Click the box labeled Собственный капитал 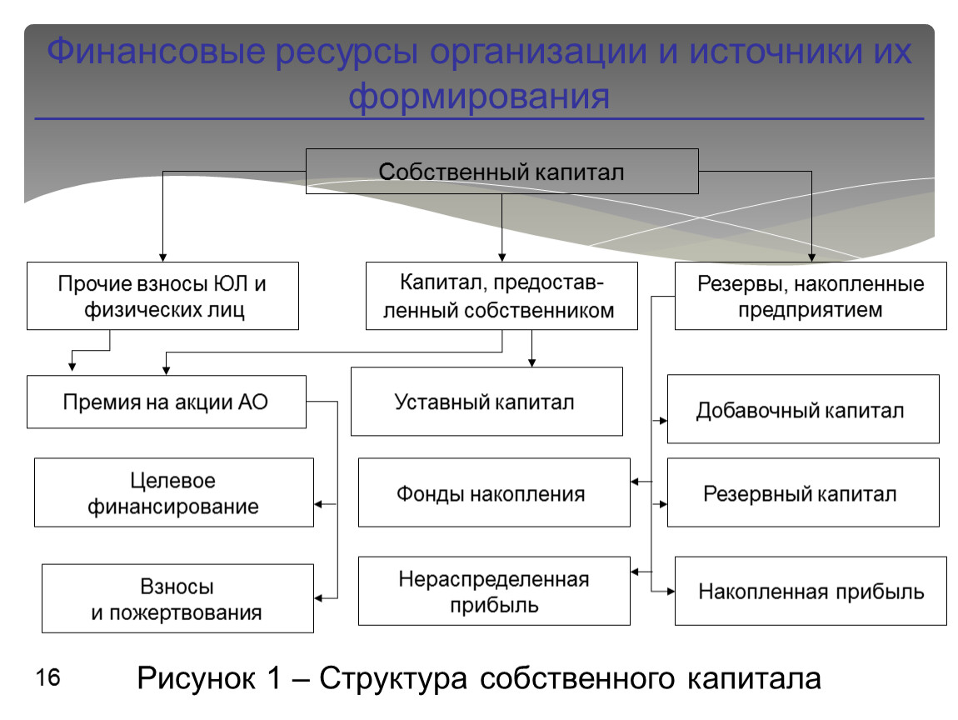click(x=501, y=172)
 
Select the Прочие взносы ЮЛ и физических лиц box click(x=162, y=296)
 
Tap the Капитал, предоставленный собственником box click(x=502, y=296)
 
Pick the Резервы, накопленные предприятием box click(x=810, y=296)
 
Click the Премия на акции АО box click(x=167, y=402)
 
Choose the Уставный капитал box click(x=486, y=402)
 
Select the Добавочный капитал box click(x=802, y=409)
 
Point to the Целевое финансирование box click(x=174, y=492)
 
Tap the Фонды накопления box click(x=493, y=492)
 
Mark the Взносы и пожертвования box click(x=177, y=599)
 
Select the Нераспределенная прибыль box click(x=493, y=591)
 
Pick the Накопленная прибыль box click(x=810, y=591)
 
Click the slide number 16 click(x=48, y=677)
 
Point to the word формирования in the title click(x=479, y=97)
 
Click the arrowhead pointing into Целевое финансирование click(x=318, y=504)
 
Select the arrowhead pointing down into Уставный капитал click(x=532, y=362)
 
